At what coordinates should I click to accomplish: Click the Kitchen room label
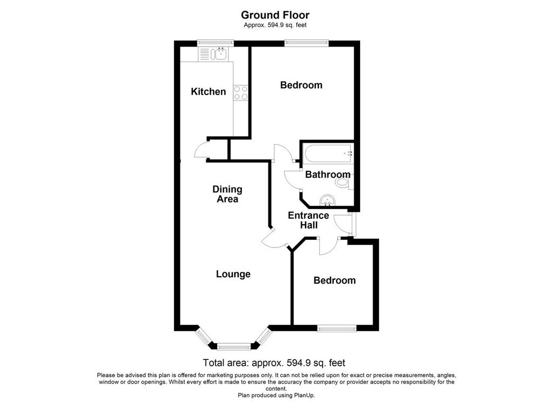[208, 92]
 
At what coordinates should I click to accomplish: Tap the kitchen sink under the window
[220, 54]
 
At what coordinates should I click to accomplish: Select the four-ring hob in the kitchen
[241, 92]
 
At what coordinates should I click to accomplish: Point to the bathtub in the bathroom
[328, 153]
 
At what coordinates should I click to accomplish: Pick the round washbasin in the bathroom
[327, 201]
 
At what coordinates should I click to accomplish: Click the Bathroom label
[328, 175]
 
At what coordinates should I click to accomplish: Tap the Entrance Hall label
[308, 220]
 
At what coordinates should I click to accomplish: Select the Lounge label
[233, 274]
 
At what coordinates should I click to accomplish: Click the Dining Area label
[227, 194]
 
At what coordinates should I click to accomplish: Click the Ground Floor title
[275, 15]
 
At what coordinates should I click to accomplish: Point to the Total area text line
[274, 363]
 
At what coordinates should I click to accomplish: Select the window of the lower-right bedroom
[337, 329]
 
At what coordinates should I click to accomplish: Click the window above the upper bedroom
[307, 43]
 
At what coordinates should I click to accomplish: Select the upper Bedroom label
[301, 85]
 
